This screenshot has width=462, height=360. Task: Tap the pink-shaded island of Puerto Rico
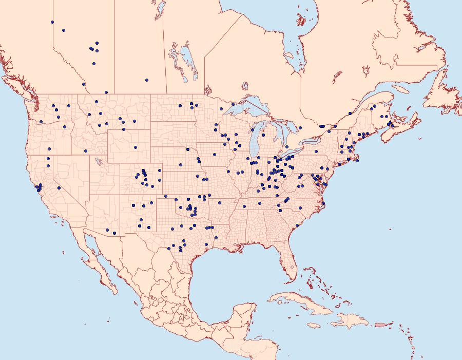click(x=380, y=324)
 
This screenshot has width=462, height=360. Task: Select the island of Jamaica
click(x=314, y=325)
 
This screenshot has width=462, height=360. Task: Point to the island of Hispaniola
click(x=349, y=321)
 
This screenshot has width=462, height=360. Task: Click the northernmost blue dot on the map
click(x=52, y=22)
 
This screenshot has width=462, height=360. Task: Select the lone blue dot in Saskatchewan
click(x=147, y=80)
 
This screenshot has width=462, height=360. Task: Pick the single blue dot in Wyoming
click(x=136, y=147)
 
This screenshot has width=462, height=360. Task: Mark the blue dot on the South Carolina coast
click(x=297, y=225)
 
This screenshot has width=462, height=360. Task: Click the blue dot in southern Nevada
click(x=60, y=188)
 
